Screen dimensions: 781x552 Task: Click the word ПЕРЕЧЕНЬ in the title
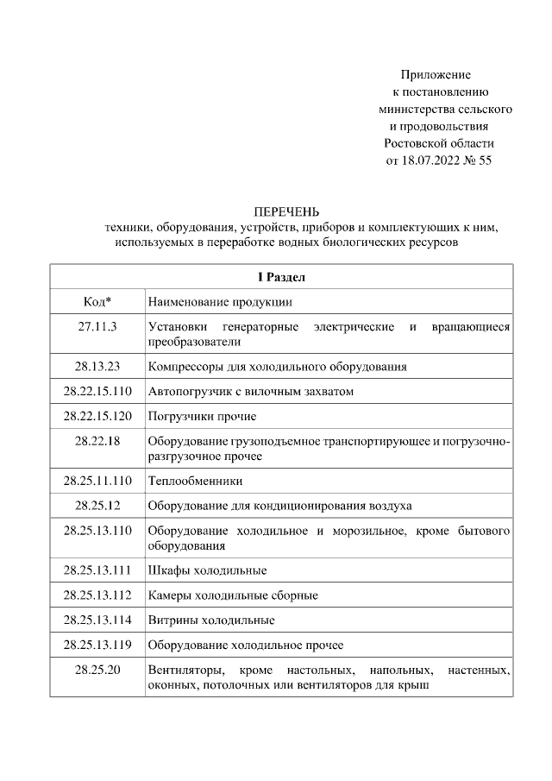point(286,211)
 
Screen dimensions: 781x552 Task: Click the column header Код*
point(97,302)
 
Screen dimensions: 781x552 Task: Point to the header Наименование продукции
point(220,302)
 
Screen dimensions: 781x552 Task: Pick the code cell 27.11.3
point(97,327)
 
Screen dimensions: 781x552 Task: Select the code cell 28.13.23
point(97,366)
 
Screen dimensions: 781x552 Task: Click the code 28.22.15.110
point(97,391)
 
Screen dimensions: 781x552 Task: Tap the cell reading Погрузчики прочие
point(202,416)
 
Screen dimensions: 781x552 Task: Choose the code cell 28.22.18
point(97,441)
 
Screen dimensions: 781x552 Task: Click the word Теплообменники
point(195,480)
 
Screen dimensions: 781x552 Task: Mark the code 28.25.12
point(97,504)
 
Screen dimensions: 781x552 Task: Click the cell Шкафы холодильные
point(207,570)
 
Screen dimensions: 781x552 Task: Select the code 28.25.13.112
point(97,595)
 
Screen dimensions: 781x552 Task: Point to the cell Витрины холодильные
point(211,620)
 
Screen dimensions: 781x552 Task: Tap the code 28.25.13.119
point(97,646)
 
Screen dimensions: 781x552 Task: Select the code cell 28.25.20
point(97,671)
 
